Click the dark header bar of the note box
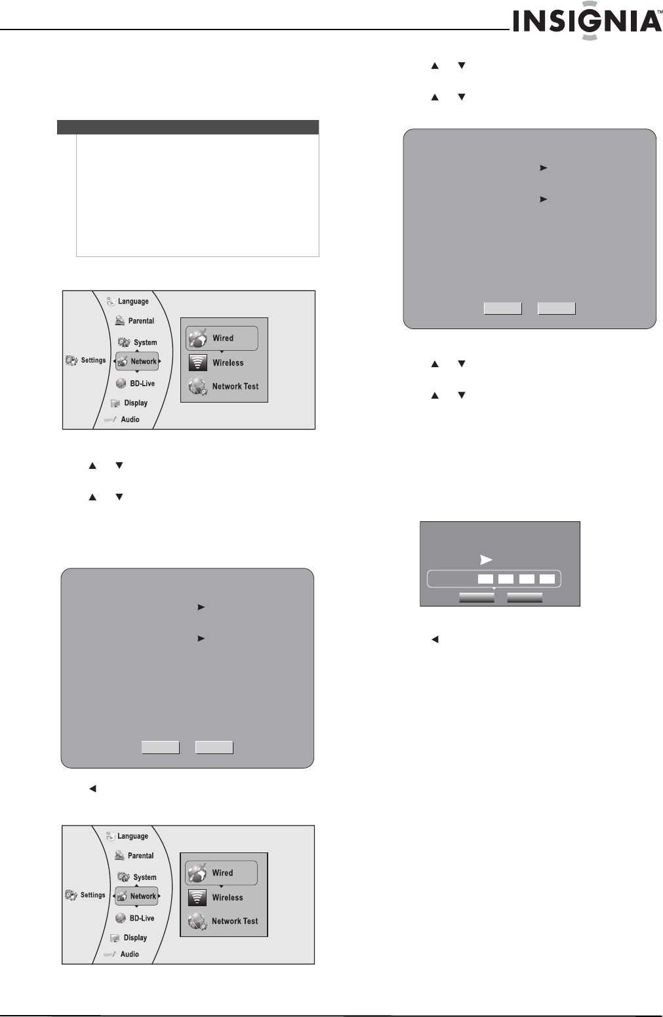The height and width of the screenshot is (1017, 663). coord(188,127)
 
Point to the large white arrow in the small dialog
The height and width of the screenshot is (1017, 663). coord(486,559)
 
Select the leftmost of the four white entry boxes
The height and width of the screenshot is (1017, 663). coord(485,579)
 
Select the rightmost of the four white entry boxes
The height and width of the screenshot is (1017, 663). coord(547,579)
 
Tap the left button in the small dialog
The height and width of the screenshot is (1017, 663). coord(477,597)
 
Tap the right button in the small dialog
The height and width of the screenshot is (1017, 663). coord(525,597)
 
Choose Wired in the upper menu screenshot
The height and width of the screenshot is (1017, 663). coord(222,338)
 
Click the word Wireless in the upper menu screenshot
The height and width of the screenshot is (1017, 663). coord(228,363)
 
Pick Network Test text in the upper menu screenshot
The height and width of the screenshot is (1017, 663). coord(235,386)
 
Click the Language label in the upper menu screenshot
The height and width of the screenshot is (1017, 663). coord(133,302)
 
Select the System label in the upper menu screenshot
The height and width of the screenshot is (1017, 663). coord(145,342)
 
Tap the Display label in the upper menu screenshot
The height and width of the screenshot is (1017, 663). coord(136,403)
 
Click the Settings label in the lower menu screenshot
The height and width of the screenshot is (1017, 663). coord(92,895)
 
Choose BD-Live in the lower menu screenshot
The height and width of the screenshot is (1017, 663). coord(142,918)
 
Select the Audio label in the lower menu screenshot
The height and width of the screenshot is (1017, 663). coord(129,954)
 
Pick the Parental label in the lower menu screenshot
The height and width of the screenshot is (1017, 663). coord(140,856)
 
